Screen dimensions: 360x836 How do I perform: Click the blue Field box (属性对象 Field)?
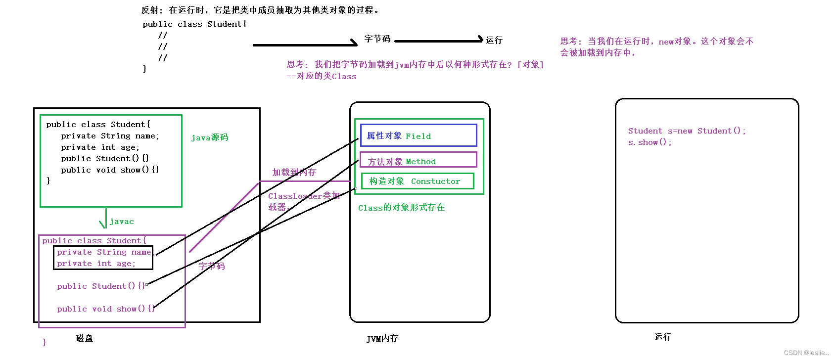tap(418, 135)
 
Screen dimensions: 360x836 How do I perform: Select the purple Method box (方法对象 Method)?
tap(418, 160)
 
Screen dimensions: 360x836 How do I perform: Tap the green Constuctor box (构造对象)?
tap(418, 181)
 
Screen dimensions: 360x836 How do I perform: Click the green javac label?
tap(122, 222)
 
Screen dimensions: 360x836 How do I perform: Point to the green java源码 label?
tap(210, 137)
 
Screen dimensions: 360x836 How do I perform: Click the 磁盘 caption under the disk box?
tap(85, 338)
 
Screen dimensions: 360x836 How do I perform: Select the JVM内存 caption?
tap(382, 339)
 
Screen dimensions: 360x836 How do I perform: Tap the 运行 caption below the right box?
tap(662, 337)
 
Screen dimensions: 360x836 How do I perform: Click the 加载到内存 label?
tap(294, 172)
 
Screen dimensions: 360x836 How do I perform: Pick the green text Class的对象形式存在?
tap(401, 208)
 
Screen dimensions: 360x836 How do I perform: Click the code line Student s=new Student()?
tap(687, 131)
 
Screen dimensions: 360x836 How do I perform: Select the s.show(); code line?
tap(650, 142)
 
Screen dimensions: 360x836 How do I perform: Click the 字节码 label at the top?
tap(377, 39)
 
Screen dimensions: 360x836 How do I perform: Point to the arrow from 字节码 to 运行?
tap(438, 41)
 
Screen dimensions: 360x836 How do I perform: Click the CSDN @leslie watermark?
tap(806, 353)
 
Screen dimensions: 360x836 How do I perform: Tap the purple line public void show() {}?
tap(105, 309)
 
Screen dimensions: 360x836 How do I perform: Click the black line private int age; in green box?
tap(100, 147)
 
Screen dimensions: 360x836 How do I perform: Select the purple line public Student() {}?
tap(101, 286)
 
